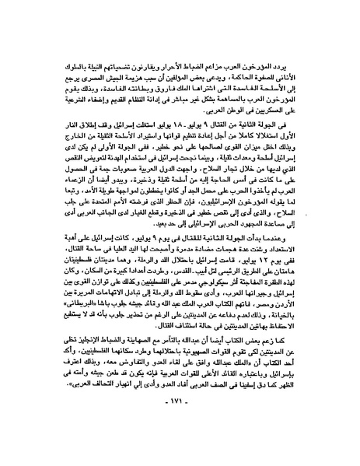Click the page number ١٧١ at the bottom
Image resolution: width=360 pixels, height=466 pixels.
(x=180, y=443)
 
